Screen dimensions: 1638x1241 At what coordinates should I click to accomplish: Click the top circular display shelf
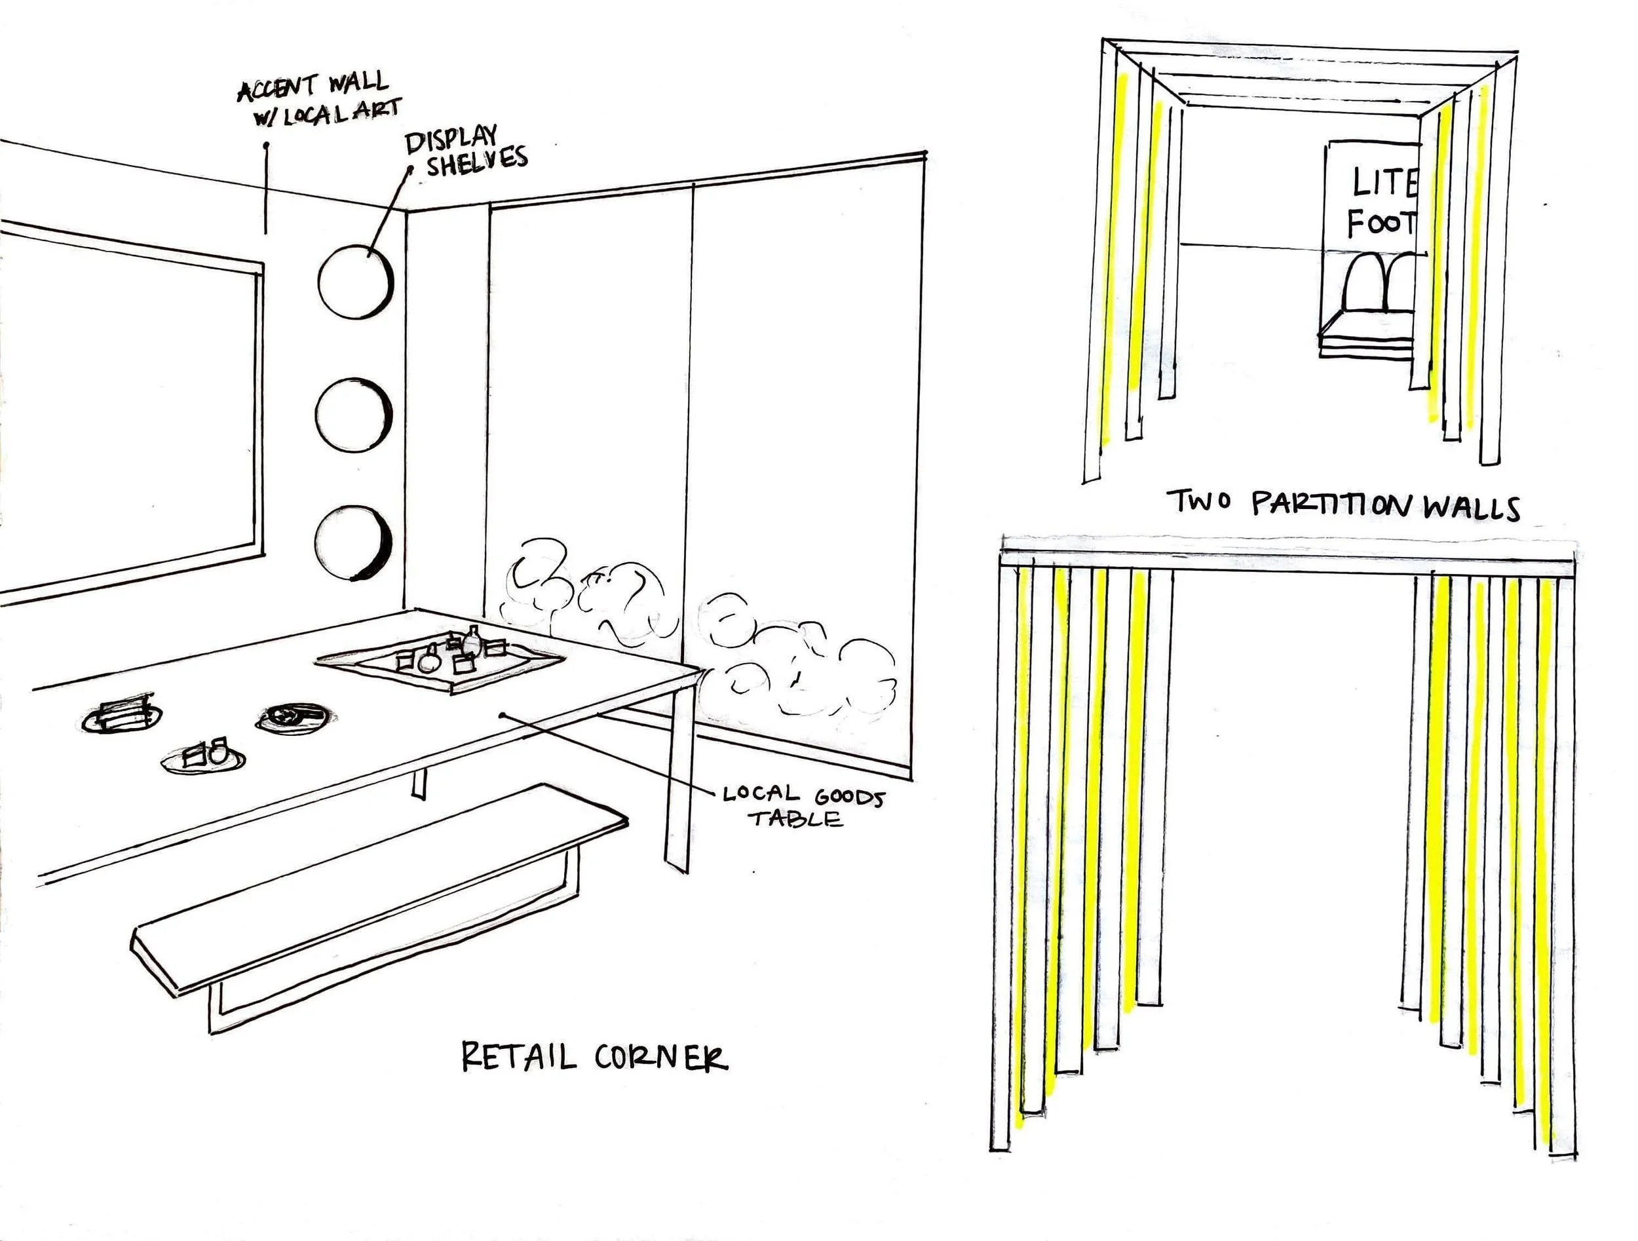tap(355, 282)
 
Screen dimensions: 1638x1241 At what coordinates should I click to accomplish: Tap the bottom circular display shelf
tap(352, 543)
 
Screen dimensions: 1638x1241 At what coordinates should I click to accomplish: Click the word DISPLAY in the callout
tap(451, 138)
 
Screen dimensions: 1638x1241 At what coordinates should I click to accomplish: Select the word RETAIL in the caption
tap(518, 1057)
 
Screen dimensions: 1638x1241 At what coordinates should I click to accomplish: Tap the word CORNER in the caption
tap(660, 1058)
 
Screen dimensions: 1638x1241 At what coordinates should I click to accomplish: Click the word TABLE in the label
tap(795, 819)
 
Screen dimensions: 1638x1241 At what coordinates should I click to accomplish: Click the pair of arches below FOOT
tap(1380, 282)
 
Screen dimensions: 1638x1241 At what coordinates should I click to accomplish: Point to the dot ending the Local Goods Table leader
tap(502, 716)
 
